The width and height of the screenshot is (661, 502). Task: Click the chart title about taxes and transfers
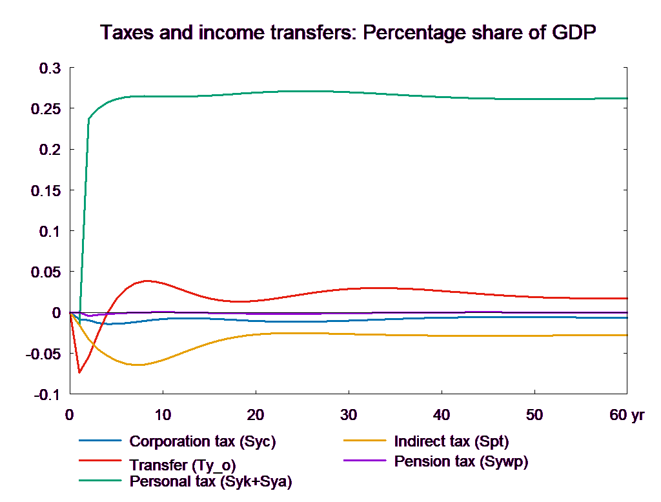pyautogui.click(x=348, y=33)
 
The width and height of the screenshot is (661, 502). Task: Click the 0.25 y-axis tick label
pyautogui.click(x=46, y=108)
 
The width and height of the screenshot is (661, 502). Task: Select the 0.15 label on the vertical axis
pyautogui.click(x=46, y=190)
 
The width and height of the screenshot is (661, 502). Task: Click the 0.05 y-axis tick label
pyautogui.click(x=46, y=272)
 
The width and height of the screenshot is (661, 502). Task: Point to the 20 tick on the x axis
pyautogui.click(x=255, y=415)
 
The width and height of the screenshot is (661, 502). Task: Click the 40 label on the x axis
pyautogui.click(x=441, y=415)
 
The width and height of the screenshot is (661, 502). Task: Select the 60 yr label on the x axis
pyautogui.click(x=627, y=415)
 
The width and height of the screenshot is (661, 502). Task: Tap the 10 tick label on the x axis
pyautogui.click(x=163, y=415)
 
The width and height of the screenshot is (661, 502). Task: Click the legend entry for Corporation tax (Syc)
pyautogui.click(x=203, y=442)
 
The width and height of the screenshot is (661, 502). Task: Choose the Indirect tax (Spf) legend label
pyautogui.click(x=451, y=442)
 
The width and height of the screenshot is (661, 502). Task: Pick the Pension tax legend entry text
pyautogui.click(x=461, y=461)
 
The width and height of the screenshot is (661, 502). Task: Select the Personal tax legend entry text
pyautogui.click(x=210, y=481)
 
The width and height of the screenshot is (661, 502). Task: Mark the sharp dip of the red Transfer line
pyautogui.click(x=79, y=372)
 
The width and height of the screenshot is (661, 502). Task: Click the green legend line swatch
pyautogui.click(x=100, y=481)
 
